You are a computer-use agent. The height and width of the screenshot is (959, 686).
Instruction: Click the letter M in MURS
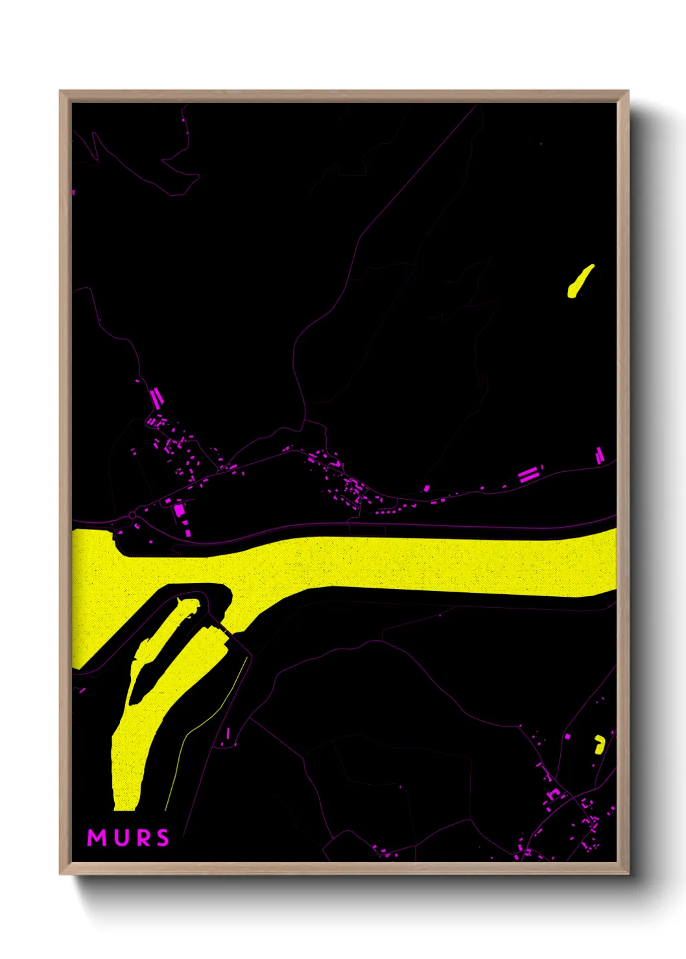point(97,838)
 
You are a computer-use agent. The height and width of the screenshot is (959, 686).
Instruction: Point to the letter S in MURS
point(162,838)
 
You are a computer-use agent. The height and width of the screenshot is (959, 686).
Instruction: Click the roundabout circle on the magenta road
point(132,515)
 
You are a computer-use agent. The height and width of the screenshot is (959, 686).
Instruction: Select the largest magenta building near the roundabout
point(179,510)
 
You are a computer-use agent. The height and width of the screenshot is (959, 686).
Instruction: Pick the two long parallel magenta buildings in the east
point(528,474)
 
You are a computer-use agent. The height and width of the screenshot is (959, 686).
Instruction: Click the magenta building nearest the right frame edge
point(600,456)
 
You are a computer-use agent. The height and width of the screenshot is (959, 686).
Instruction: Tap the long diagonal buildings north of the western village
point(156,397)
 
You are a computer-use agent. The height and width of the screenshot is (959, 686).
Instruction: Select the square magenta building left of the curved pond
point(568,737)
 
